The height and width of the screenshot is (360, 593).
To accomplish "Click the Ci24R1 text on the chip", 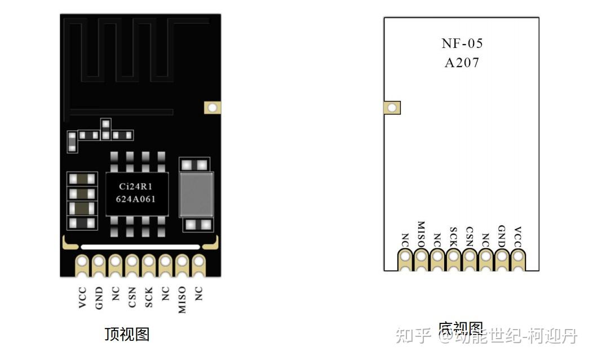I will click(x=135, y=186).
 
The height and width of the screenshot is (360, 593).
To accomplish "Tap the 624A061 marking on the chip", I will click(x=135, y=199).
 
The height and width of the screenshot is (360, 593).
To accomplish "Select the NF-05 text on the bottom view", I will click(x=462, y=44).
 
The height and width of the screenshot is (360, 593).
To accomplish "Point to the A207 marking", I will click(x=462, y=63).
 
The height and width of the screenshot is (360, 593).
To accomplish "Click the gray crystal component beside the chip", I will click(x=196, y=194).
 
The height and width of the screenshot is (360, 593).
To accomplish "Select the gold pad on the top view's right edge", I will click(x=213, y=108).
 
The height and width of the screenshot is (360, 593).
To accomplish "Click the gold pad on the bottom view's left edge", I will click(x=392, y=107).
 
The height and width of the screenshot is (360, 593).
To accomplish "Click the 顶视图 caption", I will click(x=127, y=334).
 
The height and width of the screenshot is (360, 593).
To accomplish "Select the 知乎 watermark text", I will click(x=413, y=336).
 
